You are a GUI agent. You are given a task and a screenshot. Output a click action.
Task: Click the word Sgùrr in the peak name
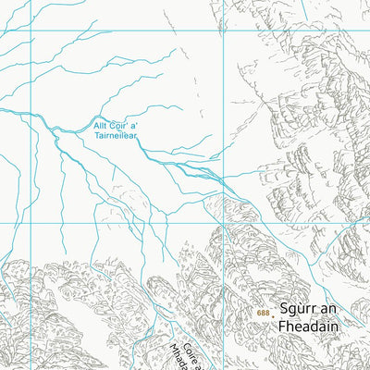[300, 312]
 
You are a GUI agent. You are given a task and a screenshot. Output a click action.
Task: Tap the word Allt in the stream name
[101, 124]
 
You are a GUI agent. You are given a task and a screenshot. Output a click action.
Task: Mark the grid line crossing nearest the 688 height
[223, 223]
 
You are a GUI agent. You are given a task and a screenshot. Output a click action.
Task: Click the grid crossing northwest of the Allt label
[31, 31]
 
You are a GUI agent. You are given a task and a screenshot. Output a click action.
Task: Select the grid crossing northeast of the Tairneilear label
[223, 31]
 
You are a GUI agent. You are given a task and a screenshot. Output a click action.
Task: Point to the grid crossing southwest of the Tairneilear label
[31, 223]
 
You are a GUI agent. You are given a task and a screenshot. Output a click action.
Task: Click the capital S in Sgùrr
[285, 312]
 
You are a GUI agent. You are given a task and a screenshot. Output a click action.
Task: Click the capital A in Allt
[94, 124]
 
